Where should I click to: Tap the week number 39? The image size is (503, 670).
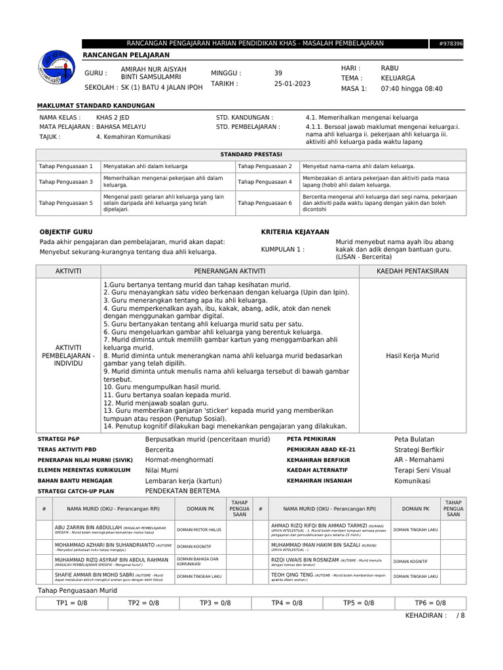pyautogui.click(x=278, y=73)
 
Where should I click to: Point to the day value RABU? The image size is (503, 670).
pyautogui.click(x=390, y=68)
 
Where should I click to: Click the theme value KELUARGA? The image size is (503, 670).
pyautogui.click(x=398, y=78)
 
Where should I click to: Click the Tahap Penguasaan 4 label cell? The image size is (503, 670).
pyautogui.click(x=265, y=182)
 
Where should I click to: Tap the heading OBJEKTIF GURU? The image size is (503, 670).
pyautogui.click(x=66, y=232)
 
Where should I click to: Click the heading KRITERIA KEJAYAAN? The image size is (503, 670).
pyautogui.click(x=295, y=232)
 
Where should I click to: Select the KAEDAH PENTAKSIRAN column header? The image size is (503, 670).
pyautogui.click(x=412, y=271)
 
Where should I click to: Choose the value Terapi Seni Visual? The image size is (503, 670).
pyautogui.click(x=422, y=470)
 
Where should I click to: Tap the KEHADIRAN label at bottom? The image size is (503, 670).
pyautogui.click(x=426, y=616)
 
